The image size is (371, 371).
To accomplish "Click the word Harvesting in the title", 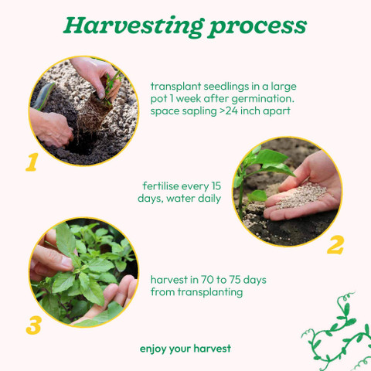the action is click(134, 26).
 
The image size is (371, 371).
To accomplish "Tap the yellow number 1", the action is click(32, 162).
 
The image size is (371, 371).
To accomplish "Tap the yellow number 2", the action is click(335, 245).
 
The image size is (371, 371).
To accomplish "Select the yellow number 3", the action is click(34, 325).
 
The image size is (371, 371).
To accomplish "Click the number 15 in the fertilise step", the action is click(216, 186).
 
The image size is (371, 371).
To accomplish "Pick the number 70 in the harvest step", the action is click(207, 280).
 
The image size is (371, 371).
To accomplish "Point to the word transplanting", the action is click(210, 292).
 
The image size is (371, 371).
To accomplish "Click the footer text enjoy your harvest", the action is click(185, 349).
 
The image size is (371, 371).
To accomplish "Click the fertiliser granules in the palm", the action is click(301, 196).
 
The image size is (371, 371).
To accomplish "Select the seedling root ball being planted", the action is click(94, 114).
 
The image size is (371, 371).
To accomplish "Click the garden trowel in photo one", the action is click(44, 95).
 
